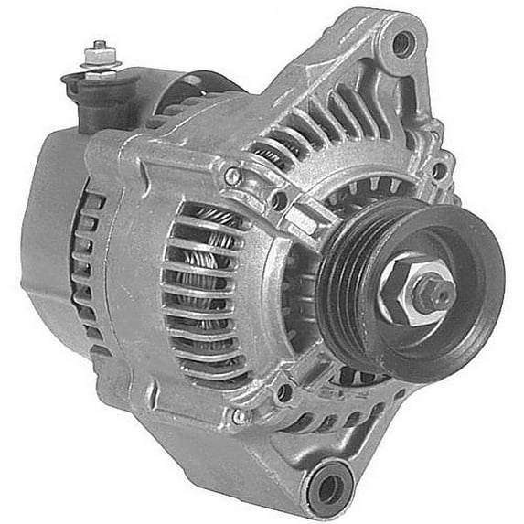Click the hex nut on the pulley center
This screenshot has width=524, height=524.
pos(414,291)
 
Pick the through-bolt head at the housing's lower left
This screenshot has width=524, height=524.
pos(239,416)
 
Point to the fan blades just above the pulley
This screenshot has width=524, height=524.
pos(366,197)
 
